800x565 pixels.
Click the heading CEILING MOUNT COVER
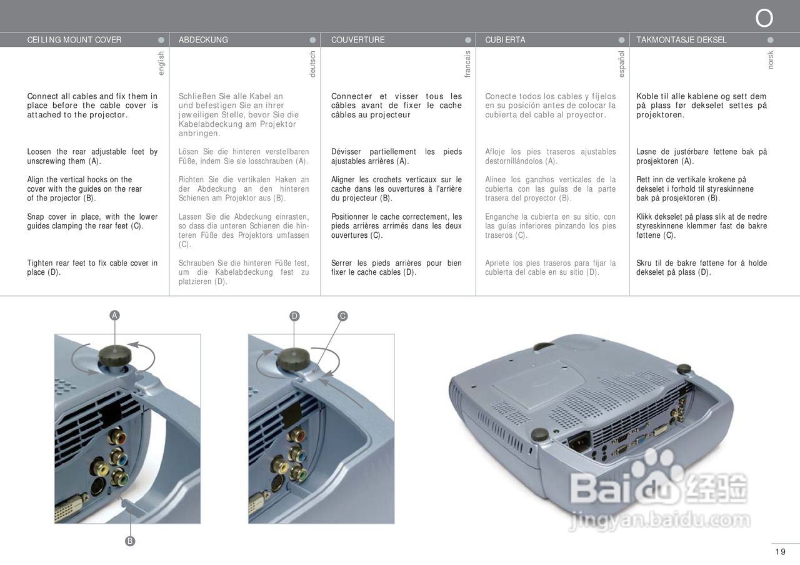[x=74, y=40]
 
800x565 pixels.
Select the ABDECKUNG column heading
[x=203, y=40]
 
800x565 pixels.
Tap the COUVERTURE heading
[x=357, y=40]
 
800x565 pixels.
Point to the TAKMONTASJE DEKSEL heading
[x=681, y=40]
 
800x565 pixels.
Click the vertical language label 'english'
[x=161, y=64]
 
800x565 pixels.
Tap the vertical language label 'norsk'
[x=771, y=60]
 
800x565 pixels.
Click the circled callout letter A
[x=114, y=316]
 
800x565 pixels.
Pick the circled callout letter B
[x=130, y=541]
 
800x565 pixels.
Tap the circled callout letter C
[x=342, y=317]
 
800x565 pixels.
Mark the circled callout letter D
[x=294, y=317]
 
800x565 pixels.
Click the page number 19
[x=780, y=551]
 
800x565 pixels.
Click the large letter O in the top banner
[x=764, y=19]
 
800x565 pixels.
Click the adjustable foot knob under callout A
[x=115, y=356]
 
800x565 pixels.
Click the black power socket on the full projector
[x=579, y=441]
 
